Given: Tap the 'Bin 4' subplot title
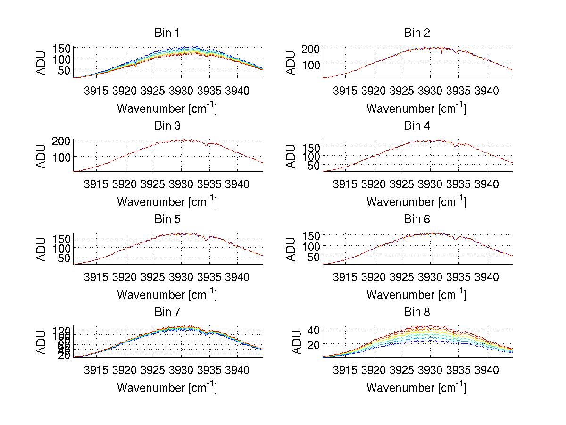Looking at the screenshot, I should tap(417, 126).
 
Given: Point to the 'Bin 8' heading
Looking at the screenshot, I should tap(417, 312).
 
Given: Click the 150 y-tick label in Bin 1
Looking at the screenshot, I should tap(62, 48).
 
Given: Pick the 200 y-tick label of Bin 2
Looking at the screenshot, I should tap(311, 48).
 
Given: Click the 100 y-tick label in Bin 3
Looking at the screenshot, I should tap(62, 157).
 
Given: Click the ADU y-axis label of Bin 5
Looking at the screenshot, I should tap(42, 249).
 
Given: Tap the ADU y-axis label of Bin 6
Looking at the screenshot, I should tap(291, 249).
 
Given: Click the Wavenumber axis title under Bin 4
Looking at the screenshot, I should tap(416, 201).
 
